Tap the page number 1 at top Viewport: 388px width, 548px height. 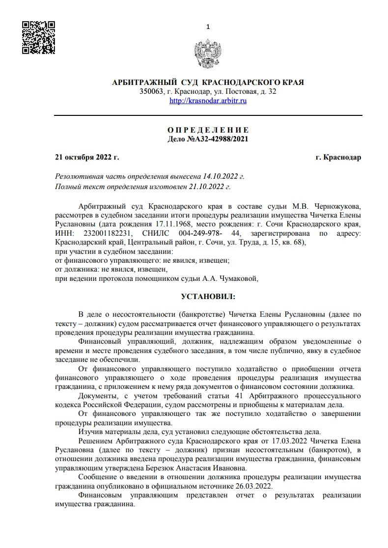tap(208, 27)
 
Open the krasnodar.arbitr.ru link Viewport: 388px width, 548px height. tap(208, 101)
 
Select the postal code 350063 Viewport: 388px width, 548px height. tap(151, 91)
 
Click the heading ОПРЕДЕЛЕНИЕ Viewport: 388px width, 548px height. tap(208, 130)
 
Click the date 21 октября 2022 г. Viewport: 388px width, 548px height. tap(87, 158)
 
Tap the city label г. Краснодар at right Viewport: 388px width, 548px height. tap(338, 158)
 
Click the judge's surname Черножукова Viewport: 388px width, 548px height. tap(337, 205)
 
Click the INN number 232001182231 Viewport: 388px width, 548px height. tap(105, 233)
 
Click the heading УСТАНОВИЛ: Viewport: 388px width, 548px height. tap(208, 298)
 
